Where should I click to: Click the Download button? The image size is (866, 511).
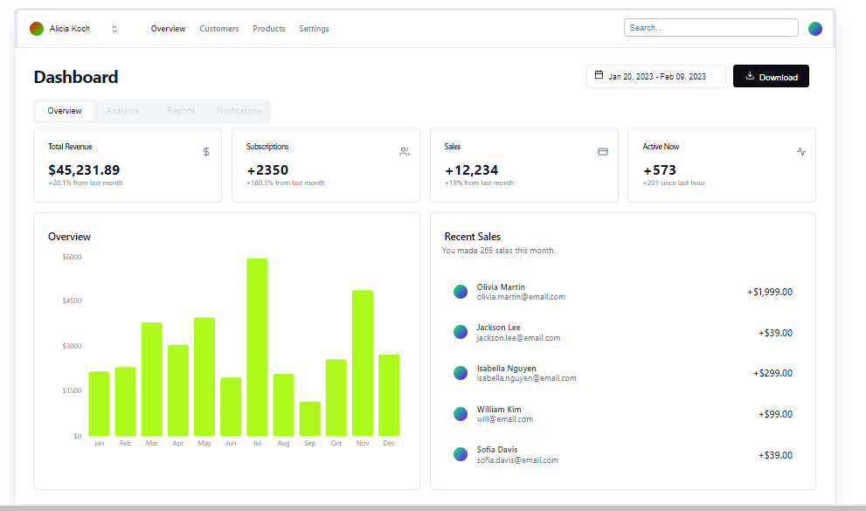pyautogui.click(x=771, y=77)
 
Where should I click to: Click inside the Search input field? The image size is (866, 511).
pyautogui.click(x=710, y=28)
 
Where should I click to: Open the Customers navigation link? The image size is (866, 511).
pyautogui.click(x=218, y=29)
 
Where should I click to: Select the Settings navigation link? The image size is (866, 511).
pyautogui.click(x=314, y=29)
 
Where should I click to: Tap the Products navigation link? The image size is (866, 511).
pyautogui.click(x=269, y=29)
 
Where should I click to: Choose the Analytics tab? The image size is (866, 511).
pyautogui.click(x=122, y=111)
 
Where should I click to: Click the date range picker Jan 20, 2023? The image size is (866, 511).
pyautogui.click(x=655, y=77)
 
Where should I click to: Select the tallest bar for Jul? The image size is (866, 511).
pyautogui.click(x=257, y=347)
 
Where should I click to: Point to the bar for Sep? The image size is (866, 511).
pyautogui.click(x=309, y=418)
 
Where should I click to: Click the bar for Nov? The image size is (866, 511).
pyautogui.click(x=363, y=363)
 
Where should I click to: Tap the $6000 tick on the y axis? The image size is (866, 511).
pyautogui.click(x=72, y=257)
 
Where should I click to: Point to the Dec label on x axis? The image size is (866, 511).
pyautogui.click(x=389, y=444)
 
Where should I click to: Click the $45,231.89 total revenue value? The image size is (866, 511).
pyautogui.click(x=84, y=170)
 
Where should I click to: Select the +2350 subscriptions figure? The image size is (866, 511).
pyautogui.click(x=267, y=170)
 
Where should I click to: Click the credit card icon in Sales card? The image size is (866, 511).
pyautogui.click(x=602, y=152)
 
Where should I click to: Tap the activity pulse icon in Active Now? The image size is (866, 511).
pyautogui.click(x=801, y=152)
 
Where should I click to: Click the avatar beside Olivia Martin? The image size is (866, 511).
pyautogui.click(x=461, y=292)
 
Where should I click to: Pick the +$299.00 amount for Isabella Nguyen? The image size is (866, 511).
pyautogui.click(x=772, y=373)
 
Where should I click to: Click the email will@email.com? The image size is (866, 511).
pyautogui.click(x=504, y=419)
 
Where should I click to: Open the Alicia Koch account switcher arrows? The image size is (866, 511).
pyautogui.click(x=114, y=29)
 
